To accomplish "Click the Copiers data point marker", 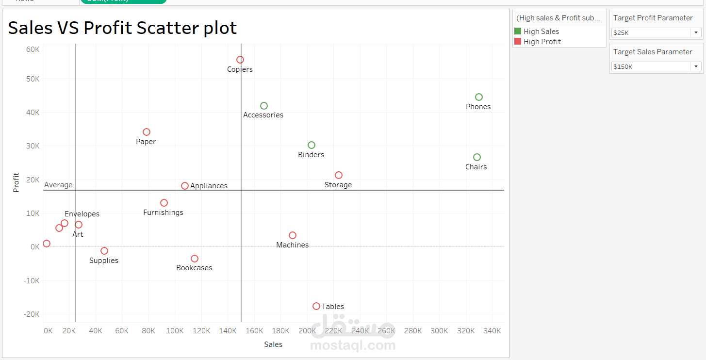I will point(240,60).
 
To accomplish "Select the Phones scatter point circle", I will point(479,97).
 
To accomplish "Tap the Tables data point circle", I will point(316,306).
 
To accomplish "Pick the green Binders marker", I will point(312,145).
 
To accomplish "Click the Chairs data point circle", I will point(477,157).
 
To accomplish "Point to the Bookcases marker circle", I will point(195,259).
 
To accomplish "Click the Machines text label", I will point(292,245).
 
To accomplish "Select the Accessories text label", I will point(263,115).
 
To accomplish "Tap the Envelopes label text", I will point(82,214).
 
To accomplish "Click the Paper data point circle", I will point(147,132).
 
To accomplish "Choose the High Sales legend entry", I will point(541,32).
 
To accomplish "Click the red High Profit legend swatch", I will point(518,42).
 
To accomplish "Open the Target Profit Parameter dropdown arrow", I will point(696,33).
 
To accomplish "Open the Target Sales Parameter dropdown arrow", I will point(696,66).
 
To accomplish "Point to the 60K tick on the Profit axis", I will point(33,49).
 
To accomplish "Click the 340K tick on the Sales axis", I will point(492,331).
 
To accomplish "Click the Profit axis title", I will point(16,182).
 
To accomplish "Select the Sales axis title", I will point(273,344).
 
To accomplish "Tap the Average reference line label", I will point(58,185).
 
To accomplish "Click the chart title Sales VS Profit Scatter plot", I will point(122,28).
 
